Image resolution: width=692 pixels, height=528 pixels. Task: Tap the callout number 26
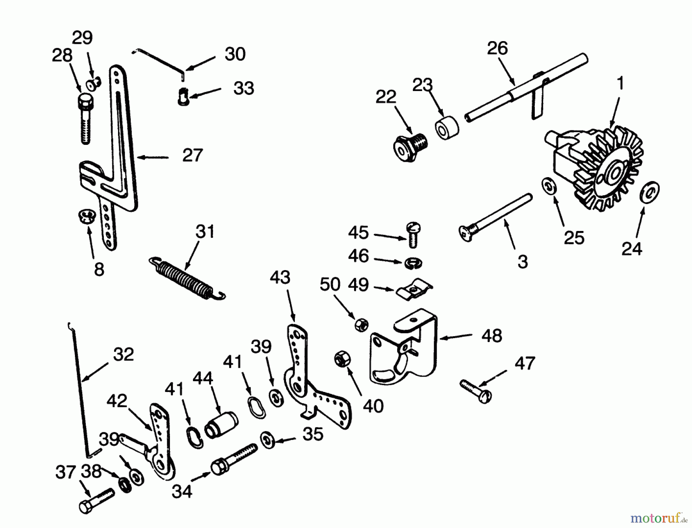(497, 48)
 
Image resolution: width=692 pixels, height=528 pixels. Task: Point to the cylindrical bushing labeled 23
(447, 128)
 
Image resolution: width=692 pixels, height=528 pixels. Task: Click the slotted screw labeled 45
(413, 235)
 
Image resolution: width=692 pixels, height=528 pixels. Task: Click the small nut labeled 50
(362, 325)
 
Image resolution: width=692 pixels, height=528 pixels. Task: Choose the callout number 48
(492, 336)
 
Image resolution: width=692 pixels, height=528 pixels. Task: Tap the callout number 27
(192, 156)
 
